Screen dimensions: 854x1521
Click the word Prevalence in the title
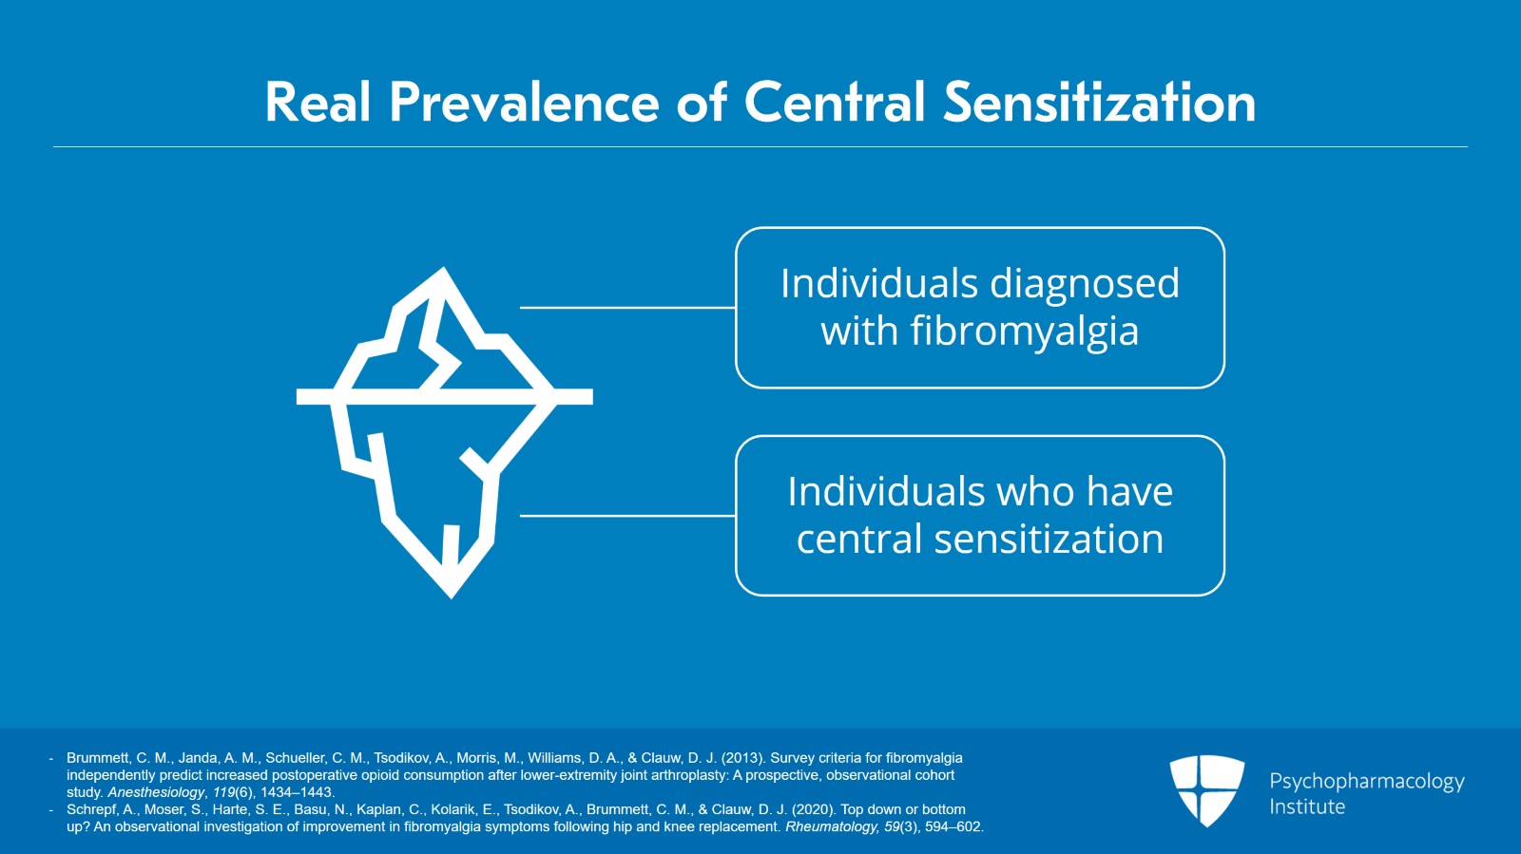click(524, 103)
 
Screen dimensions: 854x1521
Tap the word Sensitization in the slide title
click(1099, 103)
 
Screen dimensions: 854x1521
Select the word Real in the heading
click(318, 103)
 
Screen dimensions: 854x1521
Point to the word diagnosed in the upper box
click(1085, 284)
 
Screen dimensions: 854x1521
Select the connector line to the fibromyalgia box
click(627, 308)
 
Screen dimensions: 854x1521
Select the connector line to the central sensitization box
click(627, 516)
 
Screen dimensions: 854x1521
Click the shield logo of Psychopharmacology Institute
click(1206, 789)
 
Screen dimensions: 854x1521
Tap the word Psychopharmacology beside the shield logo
click(1366, 781)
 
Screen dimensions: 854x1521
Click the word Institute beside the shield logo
click(1307, 807)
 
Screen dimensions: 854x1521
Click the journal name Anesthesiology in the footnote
click(156, 792)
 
